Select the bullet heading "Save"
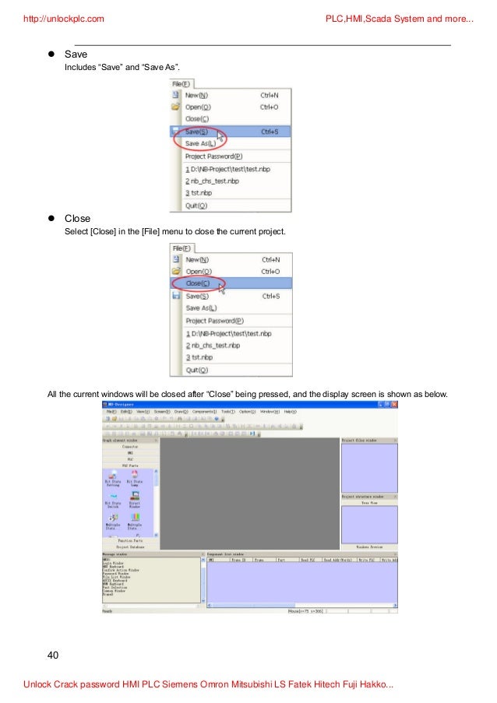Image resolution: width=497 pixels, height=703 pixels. (76, 54)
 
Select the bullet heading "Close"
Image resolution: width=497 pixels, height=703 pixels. (78, 219)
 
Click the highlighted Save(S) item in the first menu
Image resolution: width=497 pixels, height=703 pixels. (197, 132)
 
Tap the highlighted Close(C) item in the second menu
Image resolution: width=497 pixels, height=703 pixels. (198, 283)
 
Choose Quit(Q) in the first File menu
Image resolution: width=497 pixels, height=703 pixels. (196, 206)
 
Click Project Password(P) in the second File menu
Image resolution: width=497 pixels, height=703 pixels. (214, 320)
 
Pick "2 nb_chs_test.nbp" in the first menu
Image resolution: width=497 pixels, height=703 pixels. (212, 181)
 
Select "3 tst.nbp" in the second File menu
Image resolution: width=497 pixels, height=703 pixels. (199, 357)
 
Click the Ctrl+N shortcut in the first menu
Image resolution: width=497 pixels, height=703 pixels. (270, 95)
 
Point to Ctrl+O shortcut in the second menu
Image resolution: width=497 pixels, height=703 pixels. (270, 271)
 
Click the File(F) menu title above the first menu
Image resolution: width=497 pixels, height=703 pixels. (182, 83)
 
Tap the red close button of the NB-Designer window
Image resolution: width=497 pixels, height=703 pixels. (394, 405)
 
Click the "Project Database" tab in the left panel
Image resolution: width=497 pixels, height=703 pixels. (130, 547)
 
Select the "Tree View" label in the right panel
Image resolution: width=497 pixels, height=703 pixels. (369, 502)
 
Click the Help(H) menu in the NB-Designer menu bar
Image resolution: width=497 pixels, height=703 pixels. (289, 411)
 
